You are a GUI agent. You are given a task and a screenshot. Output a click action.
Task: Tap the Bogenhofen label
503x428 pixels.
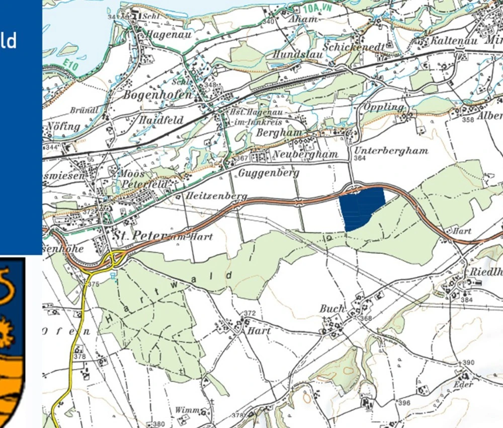[157, 95]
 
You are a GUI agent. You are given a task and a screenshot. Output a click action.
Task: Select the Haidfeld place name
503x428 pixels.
[161, 120]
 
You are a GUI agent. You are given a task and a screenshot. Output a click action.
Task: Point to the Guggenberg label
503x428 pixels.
[269, 173]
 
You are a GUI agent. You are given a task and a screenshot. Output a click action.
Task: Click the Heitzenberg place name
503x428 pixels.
[216, 195]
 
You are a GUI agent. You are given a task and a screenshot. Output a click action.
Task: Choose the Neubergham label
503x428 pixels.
[305, 154]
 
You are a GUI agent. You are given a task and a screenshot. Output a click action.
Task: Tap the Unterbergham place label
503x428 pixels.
[391, 151]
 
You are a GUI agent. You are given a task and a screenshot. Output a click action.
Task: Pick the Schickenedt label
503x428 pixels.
[355, 47]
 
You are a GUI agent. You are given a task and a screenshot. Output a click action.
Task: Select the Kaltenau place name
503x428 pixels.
[452, 41]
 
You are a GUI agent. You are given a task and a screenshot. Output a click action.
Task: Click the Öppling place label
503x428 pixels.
[383, 107]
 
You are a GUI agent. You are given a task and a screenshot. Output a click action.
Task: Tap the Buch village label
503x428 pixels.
[332, 309]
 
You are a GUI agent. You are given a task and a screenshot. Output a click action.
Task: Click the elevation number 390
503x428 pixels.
[468, 363]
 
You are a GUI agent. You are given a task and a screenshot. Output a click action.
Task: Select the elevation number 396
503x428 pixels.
[404, 403]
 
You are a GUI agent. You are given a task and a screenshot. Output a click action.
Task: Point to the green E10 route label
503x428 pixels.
[72, 65]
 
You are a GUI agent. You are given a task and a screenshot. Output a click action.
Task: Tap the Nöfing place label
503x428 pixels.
[63, 126]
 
